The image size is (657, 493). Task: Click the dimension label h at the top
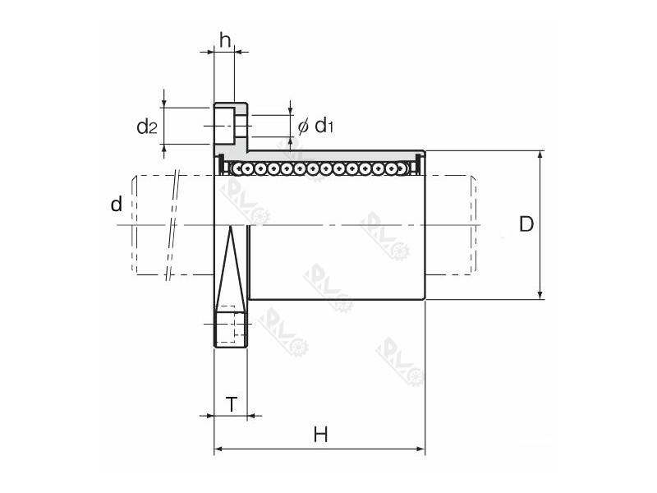click(224, 38)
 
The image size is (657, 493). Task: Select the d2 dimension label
click(146, 127)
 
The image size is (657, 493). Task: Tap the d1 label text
click(324, 126)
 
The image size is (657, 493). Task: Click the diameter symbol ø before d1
click(302, 126)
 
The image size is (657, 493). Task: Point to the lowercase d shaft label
click(116, 203)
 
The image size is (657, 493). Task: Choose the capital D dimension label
click(526, 223)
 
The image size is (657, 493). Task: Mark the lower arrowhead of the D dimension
click(540, 293)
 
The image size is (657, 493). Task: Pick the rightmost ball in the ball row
click(402, 169)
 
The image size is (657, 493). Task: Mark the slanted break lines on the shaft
click(172, 226)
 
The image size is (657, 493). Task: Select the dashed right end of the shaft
click(473, 224)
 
